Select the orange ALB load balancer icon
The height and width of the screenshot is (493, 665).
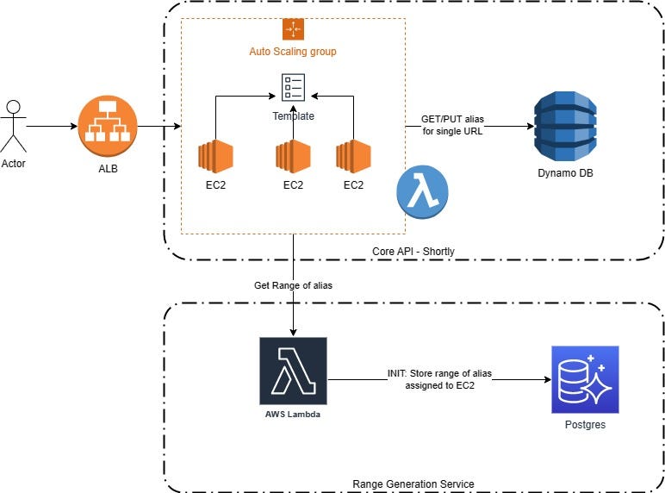click(109, 127)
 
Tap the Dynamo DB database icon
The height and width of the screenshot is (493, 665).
click(563, 127)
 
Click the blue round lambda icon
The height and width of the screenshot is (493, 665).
click(422, 194)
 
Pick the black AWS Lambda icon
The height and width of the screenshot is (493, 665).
click(293, 371)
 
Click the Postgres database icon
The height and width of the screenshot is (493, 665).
click(584, 379)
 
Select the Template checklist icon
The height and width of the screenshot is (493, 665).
click(293, 88)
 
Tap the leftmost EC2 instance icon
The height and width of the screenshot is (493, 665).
click(215, 157)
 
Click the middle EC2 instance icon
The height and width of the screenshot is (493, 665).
click(293, 157)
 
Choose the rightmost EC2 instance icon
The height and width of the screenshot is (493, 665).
click(353, 157)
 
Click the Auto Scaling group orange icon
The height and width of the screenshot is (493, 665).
click(293, 28)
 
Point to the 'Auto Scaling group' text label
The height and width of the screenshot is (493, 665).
click(293, 52)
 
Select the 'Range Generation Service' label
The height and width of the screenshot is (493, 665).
click(413, 484)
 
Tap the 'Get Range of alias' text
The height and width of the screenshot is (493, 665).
click(293, 285)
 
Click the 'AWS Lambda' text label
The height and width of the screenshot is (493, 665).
click(293, 414)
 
